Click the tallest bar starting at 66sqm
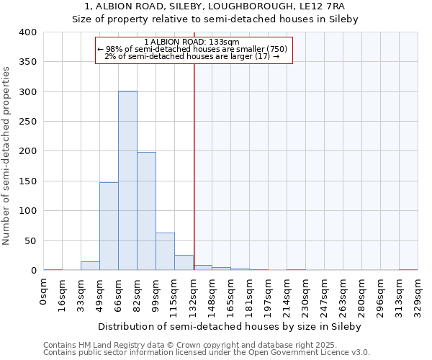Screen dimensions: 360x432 (x=127, y=180)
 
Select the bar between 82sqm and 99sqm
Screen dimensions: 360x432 (x=146, y=211)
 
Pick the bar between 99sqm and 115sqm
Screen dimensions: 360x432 (x=165, y=251)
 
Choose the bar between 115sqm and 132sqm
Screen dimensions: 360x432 (x=184, y=263)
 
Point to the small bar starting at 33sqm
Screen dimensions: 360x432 (x=90, y=266)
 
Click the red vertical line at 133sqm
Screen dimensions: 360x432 (x=194, y=158)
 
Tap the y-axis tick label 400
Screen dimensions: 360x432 (x=28, y=32)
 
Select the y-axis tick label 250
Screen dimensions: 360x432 (x=28, y=122)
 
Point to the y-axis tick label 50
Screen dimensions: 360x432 (x=30, y=240)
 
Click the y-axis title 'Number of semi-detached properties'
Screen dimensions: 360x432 (x=6, y=156)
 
